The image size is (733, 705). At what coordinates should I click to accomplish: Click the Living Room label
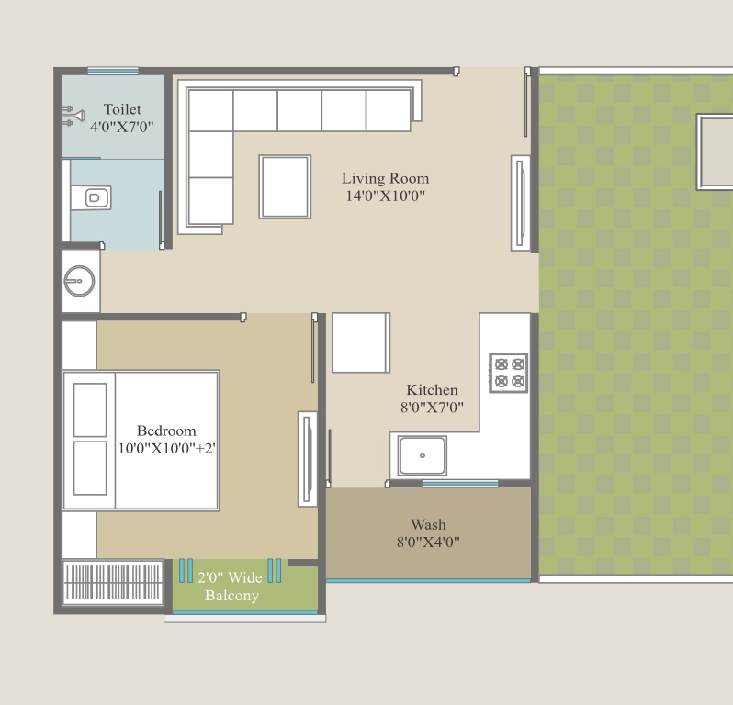pyautogui.click(x=385, y=178)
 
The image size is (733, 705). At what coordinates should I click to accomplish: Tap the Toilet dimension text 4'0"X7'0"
pyautogui.click(x=121, y=127)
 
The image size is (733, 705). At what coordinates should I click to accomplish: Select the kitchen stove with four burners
pyautogui.click(x=509, y=373)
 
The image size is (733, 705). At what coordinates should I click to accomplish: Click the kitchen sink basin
pyautogui.click(x=422, y=455)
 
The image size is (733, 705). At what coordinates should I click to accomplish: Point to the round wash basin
pyautogui.click(x=80, y=281)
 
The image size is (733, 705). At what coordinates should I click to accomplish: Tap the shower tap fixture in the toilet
pyautogui.click(x=73, y=116)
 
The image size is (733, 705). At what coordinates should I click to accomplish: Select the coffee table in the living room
pyautogui.click(x=285, y=187)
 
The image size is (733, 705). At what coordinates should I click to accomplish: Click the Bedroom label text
pyautogui.click(x=166, y=431)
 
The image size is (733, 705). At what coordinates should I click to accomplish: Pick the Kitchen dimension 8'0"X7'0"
pyautogui.click(x=432, y=408)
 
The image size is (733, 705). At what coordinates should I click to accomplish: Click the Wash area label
pyautogui.click(x=428, y=525)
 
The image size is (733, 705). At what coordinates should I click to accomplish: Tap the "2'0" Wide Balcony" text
pyautogui.click(x=230, y=587)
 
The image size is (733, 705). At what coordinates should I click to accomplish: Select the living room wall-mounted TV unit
pyautogui.click(x=520, y=203)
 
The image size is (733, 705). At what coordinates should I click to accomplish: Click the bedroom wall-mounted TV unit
pyautogui.click(x=308, y=459)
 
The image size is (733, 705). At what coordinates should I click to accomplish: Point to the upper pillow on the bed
pyautogui.click(x=90, y=410)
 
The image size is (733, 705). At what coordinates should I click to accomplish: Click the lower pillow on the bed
pyautogui.click(x=90, y=468)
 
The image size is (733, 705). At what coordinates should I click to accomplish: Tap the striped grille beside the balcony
pyautogui.click(x=113, y=582)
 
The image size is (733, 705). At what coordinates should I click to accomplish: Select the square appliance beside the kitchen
pyautogui.click(x=361, y=342)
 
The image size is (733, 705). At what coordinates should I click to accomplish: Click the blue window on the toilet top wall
pyautogui.click(x=113, y=71)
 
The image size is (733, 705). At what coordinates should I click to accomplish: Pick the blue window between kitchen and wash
pyautogui.click(x=460, y=484)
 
